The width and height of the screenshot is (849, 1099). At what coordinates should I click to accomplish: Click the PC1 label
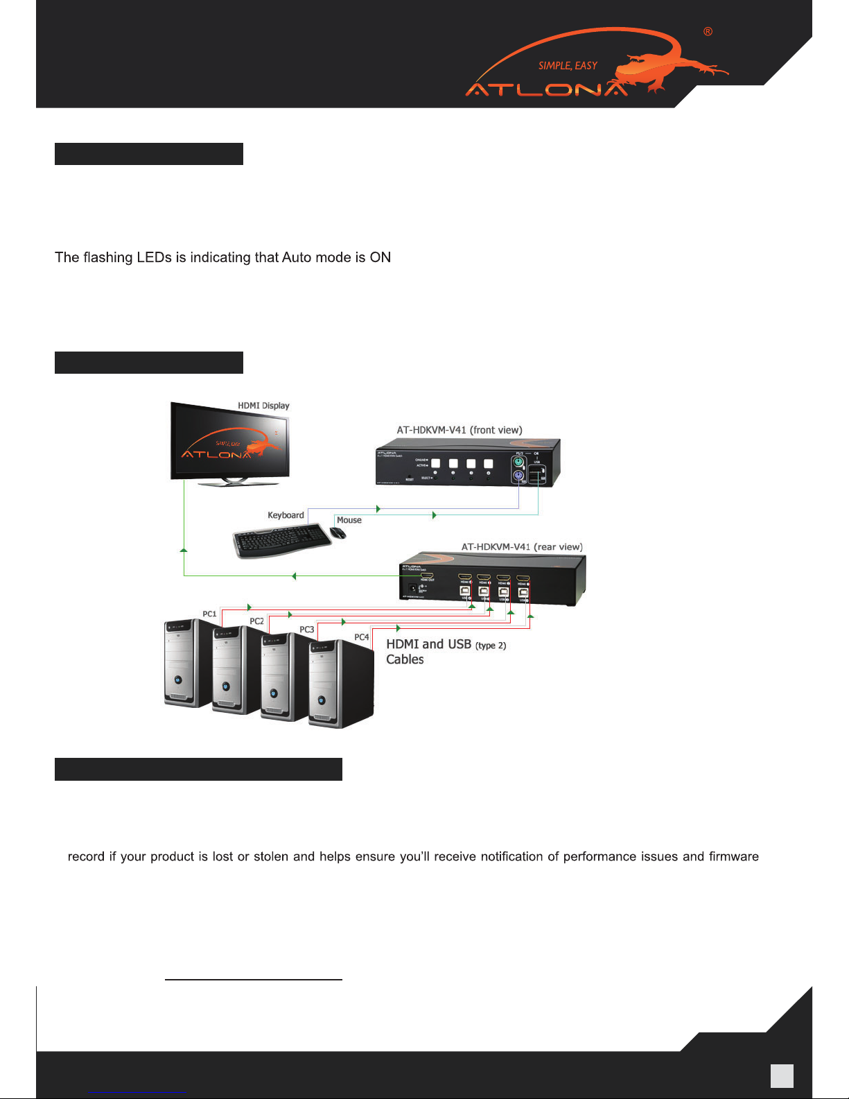coord(209,614)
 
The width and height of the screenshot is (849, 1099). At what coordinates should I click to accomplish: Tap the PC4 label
coord(361,637)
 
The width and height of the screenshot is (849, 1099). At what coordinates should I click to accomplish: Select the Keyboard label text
coord(286,515)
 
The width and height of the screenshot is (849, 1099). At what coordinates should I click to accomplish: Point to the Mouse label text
coord(349,520)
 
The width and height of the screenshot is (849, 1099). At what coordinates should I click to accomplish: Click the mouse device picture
coord(338,533)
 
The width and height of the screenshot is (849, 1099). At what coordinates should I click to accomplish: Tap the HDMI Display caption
coord(263,406)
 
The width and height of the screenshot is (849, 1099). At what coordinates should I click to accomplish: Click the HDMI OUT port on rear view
coord(427,576)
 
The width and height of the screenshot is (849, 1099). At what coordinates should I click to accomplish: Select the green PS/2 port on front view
coord(517,460)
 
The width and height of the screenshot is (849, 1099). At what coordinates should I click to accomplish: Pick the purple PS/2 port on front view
coord(517,476)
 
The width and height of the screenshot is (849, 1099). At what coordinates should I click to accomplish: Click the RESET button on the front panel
coord(410,476)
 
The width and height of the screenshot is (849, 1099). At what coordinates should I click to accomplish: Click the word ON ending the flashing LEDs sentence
coord(380,258)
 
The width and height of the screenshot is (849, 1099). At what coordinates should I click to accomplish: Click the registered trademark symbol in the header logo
coord(708,32)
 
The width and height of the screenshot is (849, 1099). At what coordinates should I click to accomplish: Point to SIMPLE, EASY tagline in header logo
coord(568,66)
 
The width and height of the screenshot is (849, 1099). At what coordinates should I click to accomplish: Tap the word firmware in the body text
coord(733,857)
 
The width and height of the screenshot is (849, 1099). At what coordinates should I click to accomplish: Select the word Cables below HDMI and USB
coord(405,659)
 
